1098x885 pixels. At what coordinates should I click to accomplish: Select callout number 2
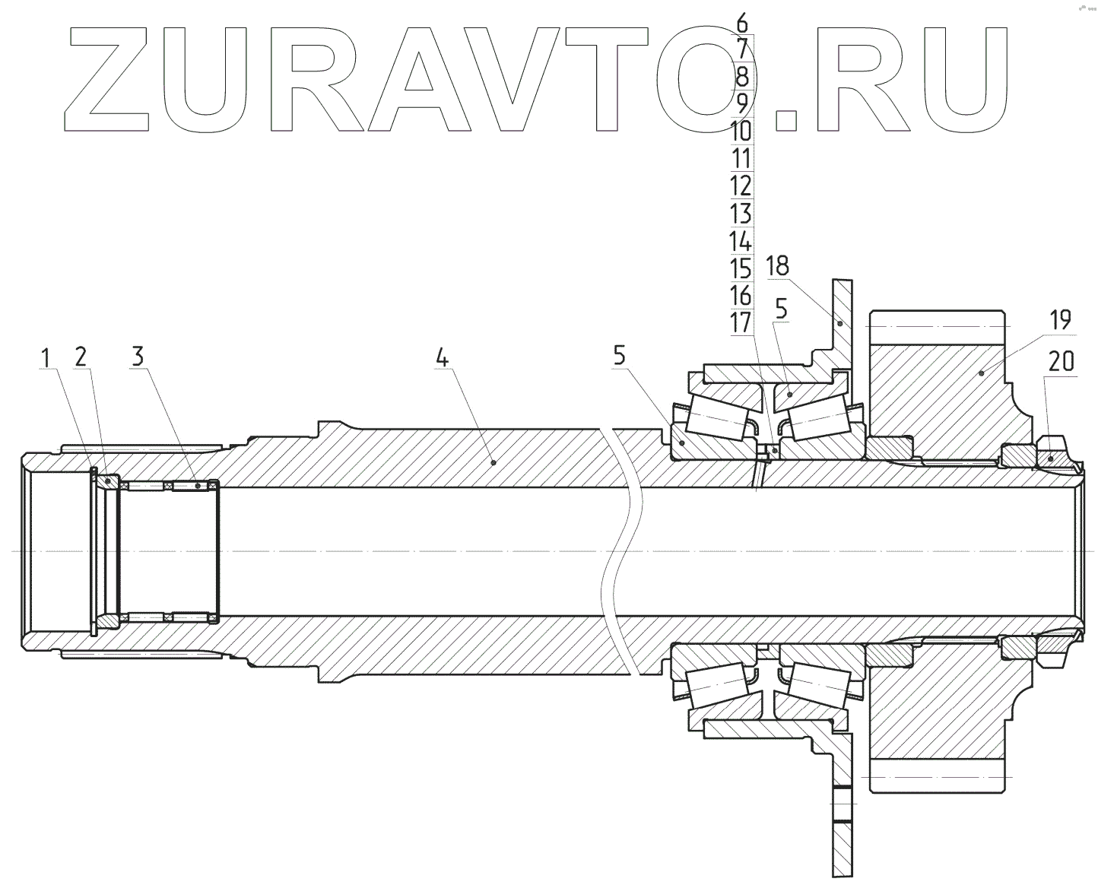[x=81, y=356]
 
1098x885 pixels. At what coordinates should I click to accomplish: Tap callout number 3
[x=137, y=356]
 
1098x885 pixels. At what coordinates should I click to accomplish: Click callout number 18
[x=777, y=266]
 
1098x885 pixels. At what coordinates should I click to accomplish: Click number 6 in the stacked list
[x=741, y=22]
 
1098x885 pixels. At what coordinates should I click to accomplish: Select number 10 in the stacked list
[x=741, y=132]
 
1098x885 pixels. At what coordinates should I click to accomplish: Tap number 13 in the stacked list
[x=741, y=214]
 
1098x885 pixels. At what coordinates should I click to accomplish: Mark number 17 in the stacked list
[x=741, y=322]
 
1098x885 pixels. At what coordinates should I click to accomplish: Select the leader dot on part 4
[x=493, y=462]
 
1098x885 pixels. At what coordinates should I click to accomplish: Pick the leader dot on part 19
[x=981, y=373]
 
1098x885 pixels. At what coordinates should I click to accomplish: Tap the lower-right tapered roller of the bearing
[x=817, y=681]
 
